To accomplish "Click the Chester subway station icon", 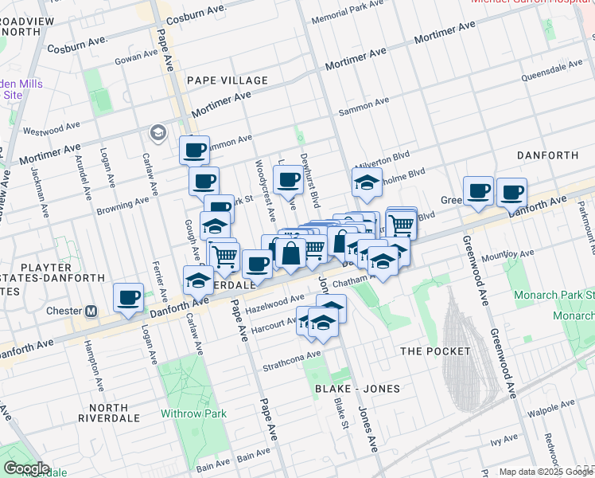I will click(91, 311).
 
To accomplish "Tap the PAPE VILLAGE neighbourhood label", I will click(227, 80).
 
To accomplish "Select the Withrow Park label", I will click(193, 413).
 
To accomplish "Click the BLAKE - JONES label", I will click(357, 388).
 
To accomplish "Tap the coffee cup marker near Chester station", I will click(128, 298).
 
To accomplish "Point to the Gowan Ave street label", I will click(136, 57).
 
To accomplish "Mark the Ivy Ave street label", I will click(504, 440).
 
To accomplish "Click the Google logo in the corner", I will click(25, 468).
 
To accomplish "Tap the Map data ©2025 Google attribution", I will click(534, 472).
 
